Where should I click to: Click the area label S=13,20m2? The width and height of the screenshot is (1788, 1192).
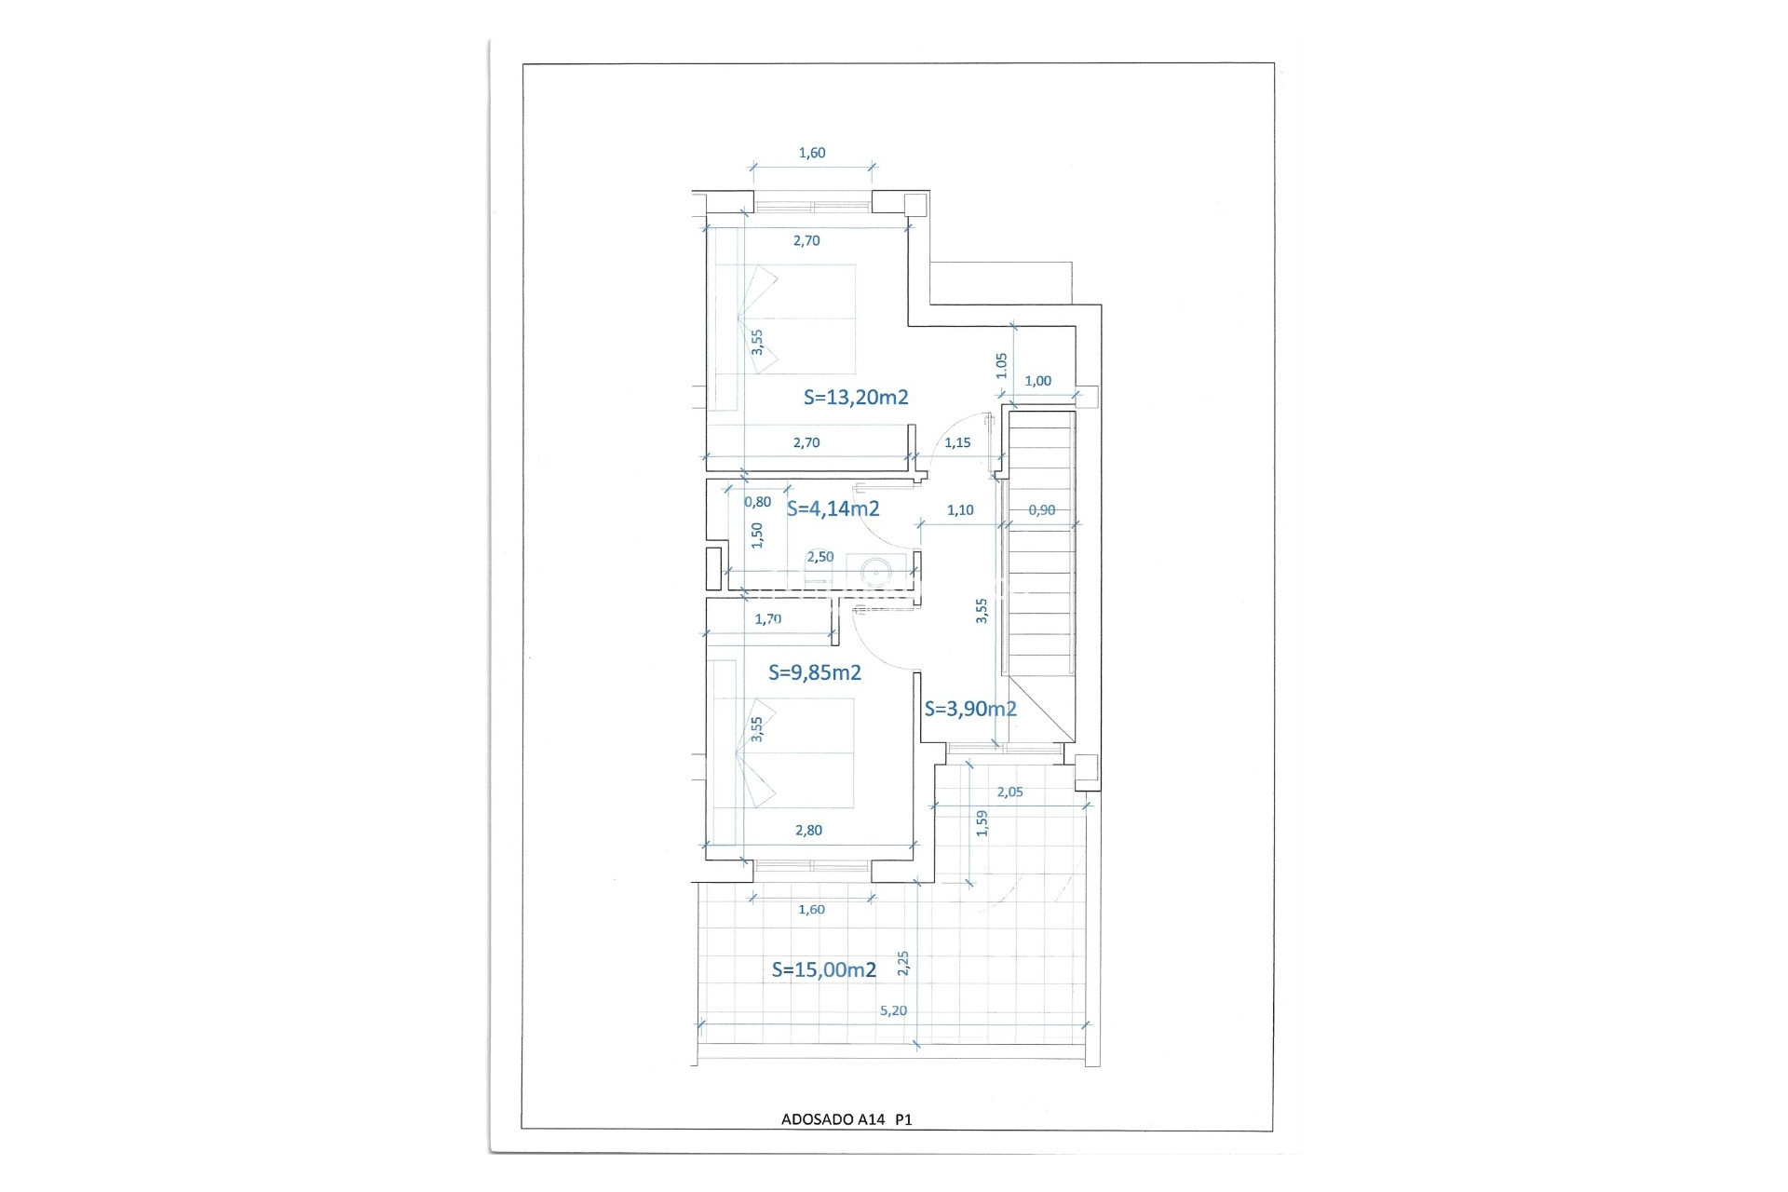(856, 398)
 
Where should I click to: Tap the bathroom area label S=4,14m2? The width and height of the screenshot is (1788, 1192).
(833, 508)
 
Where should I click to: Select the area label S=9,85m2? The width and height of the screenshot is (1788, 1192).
(815, 672)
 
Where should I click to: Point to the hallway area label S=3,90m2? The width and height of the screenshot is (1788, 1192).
(970, 709)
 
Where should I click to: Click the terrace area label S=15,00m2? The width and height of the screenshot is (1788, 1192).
(824, 970)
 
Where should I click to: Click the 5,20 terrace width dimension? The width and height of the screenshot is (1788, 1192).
(893, 1010)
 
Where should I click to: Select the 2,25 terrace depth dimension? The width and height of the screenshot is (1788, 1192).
(902, 963)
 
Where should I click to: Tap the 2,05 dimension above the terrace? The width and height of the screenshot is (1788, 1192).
(1009, 792)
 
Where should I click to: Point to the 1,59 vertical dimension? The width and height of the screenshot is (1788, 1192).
(982, 823)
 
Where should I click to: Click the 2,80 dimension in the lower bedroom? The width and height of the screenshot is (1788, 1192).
(808, 831)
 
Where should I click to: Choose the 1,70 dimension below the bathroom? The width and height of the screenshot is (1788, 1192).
(768, 618)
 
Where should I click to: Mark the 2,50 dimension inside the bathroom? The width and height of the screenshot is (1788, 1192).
(820, 557)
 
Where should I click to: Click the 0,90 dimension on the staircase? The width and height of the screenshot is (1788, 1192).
(1042, 510)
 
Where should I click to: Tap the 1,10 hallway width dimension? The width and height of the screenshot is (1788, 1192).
(960, 510)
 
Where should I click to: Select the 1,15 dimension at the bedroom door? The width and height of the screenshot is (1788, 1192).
(957, 443)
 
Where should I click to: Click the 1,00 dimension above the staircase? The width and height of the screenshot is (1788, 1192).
(1037, 381)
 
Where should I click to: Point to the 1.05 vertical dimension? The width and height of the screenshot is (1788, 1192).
(1002, 365)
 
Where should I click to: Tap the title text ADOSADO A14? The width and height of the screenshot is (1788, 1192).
(833, 1119)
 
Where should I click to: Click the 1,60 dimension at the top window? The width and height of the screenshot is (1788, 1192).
(812, 153)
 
